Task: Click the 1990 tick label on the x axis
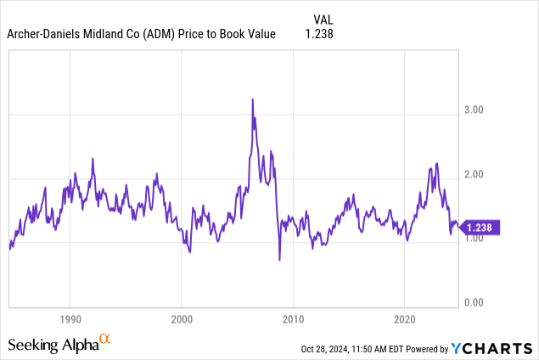[70, 321]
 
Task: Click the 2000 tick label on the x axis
[181, 321]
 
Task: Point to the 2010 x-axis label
[293, 321]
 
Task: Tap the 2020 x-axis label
[404, 321]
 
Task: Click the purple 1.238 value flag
[483, 228]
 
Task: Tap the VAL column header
[324, 18]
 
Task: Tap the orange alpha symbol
[105, 340]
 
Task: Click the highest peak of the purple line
[252, 99]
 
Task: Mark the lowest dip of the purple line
[279, 260]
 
